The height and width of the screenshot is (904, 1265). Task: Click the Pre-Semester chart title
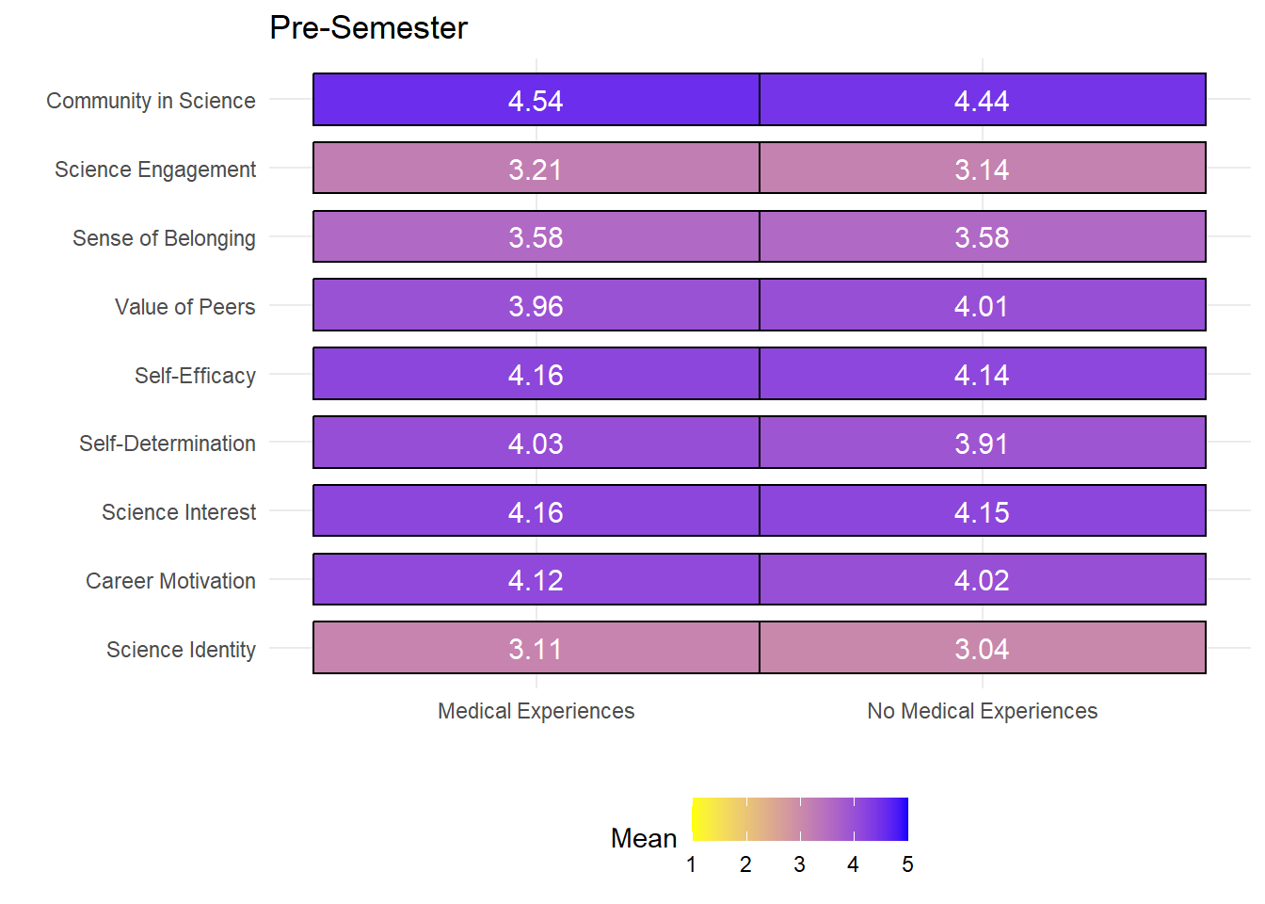368,27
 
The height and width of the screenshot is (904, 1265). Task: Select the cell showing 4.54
536,100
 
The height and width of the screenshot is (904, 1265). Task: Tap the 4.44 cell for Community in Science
983,100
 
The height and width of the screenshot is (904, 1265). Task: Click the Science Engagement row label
154,169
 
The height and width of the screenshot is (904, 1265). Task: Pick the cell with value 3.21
536,168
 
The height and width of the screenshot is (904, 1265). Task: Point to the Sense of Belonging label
164,238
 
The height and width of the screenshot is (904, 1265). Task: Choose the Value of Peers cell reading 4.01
983,305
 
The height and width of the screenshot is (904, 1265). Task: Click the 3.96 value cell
536,305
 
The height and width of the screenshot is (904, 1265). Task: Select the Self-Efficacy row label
195,376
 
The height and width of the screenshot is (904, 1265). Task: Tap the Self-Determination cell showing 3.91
983,443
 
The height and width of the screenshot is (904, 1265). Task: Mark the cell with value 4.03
536,443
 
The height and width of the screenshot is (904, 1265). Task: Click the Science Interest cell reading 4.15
983,510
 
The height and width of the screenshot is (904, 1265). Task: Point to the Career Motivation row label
170,581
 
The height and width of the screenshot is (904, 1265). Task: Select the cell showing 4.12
536,579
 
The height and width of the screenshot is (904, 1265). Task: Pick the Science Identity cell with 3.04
983,648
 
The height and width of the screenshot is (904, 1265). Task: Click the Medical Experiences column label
536,711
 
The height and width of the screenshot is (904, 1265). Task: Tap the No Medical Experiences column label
983,711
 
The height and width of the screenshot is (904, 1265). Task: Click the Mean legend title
644,838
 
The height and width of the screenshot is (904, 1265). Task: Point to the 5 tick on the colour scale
907,864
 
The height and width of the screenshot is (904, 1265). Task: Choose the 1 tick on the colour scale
691,864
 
